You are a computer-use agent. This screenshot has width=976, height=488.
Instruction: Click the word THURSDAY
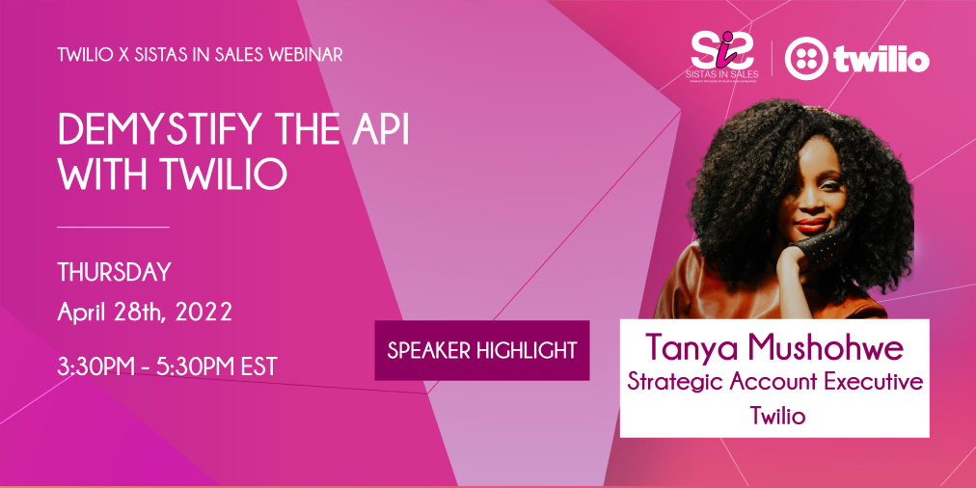pyautogui.click(x=114, y=272)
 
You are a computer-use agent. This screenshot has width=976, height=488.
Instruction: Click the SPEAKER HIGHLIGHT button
pyautogui.click(x=481, y=350)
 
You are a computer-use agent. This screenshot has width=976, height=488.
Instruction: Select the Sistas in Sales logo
pyautogui.click(x=724, y=56)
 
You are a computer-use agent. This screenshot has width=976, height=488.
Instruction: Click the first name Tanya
pyautogui.click(x=691, y=345)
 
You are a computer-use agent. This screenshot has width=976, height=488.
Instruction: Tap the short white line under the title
pyautogui.click(x=113, y=227)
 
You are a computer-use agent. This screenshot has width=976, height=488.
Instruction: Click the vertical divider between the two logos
pyautogui.click(x=772, y=58)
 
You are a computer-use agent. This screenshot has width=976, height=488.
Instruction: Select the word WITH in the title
pyautogui.click(x=99, y=175)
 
